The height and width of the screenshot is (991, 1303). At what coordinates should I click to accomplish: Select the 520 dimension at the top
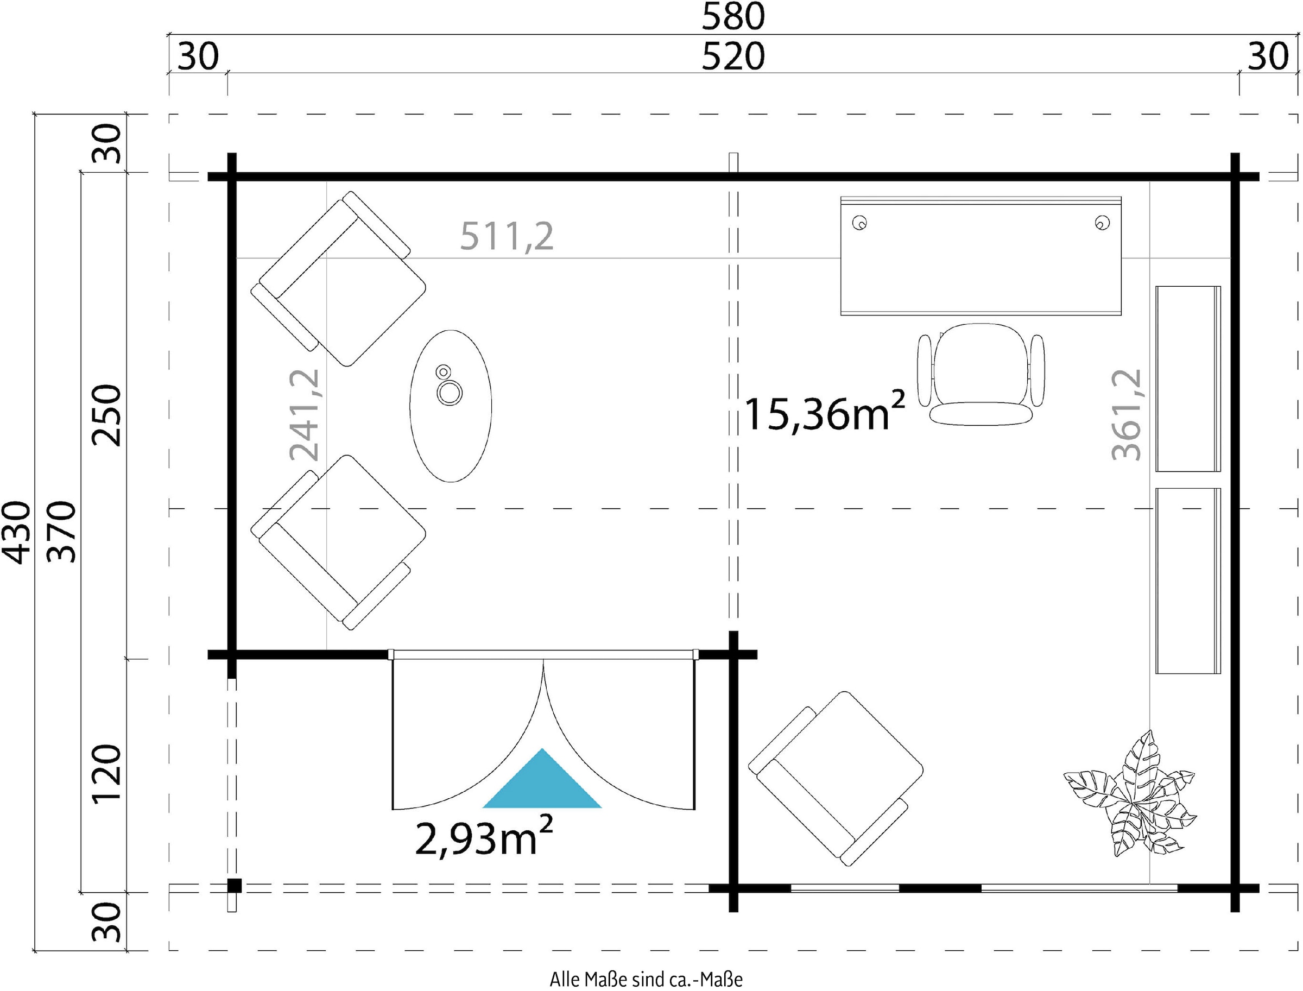732,56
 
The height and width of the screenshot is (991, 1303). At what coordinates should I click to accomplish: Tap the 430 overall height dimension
16,532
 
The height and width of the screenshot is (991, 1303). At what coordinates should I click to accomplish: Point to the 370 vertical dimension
61,532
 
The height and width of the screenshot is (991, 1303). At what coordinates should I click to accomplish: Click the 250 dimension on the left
106,415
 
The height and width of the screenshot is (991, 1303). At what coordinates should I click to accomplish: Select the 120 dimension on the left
106,773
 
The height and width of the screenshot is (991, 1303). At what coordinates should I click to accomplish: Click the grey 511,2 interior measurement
507,237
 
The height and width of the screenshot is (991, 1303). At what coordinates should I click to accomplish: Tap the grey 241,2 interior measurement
305,415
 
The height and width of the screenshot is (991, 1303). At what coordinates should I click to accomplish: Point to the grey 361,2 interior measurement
1127,415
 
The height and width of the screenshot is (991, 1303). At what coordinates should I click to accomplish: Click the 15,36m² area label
825,411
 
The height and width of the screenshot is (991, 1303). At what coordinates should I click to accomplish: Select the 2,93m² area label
484,836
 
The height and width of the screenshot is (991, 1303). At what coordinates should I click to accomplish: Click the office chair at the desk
981,374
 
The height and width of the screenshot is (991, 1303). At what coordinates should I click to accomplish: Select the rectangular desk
981,256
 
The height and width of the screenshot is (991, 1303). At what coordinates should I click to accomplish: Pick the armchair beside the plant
835,778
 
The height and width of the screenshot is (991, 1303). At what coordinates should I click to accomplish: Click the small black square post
235,886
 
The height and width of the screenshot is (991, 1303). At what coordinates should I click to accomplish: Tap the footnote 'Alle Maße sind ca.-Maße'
646,979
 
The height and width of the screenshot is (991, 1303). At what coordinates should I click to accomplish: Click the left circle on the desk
859,223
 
